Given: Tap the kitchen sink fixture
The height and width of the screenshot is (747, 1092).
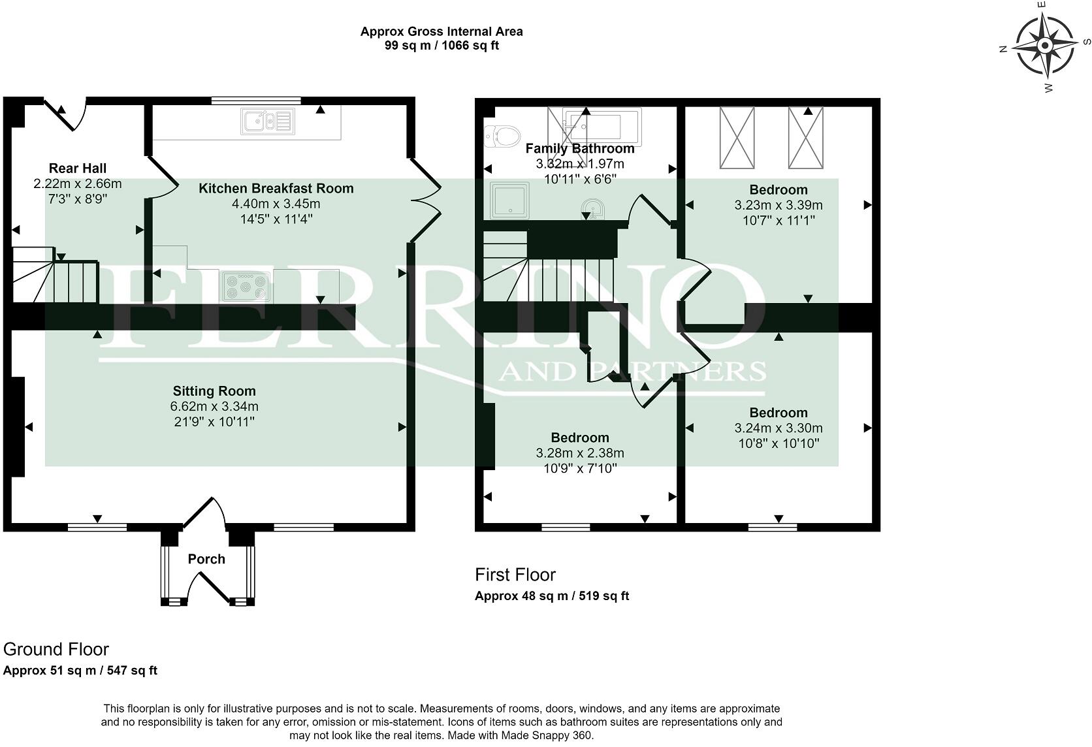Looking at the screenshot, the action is point(268,121).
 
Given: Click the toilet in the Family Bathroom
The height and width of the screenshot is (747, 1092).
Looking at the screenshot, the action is point(503,136).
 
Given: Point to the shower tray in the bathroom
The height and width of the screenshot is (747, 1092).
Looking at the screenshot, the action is point(509,200).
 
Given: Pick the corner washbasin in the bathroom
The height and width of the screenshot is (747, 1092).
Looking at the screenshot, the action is point(593,210).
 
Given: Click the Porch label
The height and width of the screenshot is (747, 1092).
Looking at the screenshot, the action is point(206,559).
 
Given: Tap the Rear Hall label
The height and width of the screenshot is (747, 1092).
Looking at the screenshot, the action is point(78,168).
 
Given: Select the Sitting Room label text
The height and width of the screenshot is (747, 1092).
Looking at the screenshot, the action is point(214,390).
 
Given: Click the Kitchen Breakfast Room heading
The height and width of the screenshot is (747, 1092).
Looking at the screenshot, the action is point(276,188).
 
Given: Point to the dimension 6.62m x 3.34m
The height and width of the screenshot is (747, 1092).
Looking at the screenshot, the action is point(214,406).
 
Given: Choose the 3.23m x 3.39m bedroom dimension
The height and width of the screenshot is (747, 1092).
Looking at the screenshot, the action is point(779,205).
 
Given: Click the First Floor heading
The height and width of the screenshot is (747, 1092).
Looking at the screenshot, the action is point(515,575).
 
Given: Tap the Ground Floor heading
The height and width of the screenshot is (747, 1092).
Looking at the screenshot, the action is point(56,650).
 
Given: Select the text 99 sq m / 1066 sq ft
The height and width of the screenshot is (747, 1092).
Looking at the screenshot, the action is point(442,45).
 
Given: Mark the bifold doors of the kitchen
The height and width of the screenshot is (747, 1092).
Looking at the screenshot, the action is point(426,200).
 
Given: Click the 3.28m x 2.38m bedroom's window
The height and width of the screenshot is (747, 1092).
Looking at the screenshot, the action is point(566,527).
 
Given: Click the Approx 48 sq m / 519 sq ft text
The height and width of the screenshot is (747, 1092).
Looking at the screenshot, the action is point(552,596).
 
